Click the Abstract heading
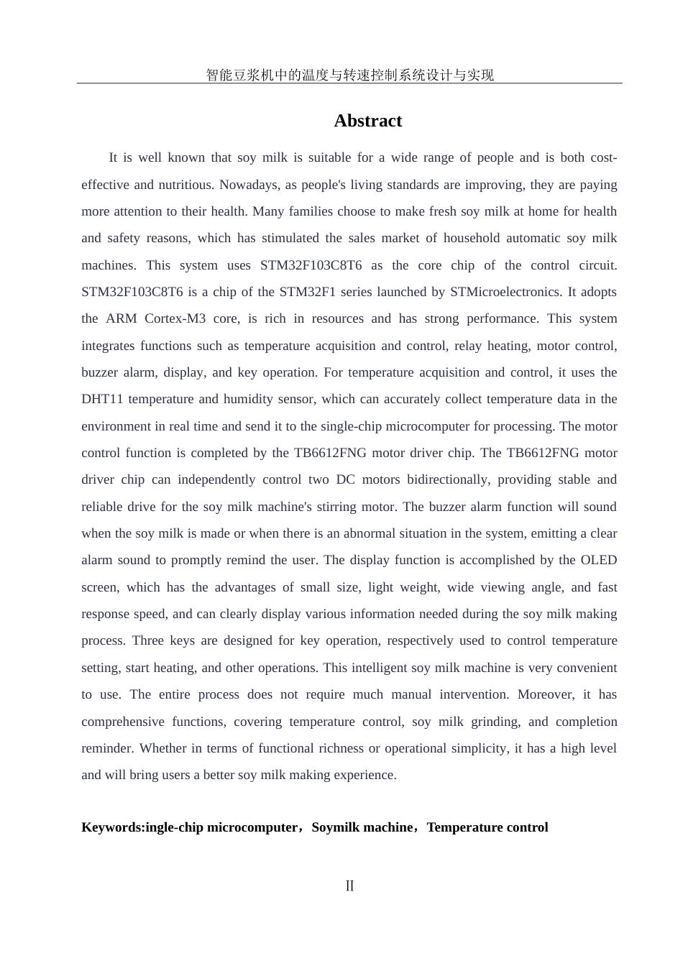pyautogui.click(x=367, y=121)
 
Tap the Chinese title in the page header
pyautogui.click(x=349, y=75)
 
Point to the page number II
pyautogui.click(x=349, y=885)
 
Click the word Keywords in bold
pyautogui.click(x=111, y=827)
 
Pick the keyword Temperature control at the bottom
pyautogui.click(x=487, y=827)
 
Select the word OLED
pyautogui.click(x=598, y=560)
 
